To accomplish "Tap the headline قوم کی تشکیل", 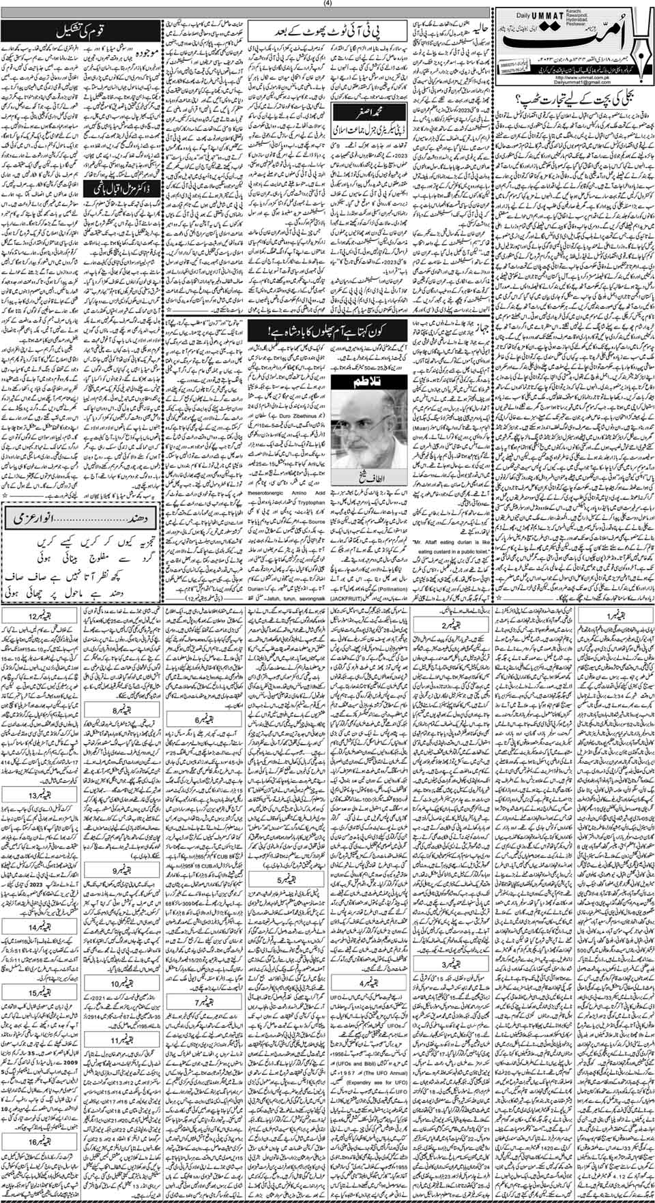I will click(x=74, y=32).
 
